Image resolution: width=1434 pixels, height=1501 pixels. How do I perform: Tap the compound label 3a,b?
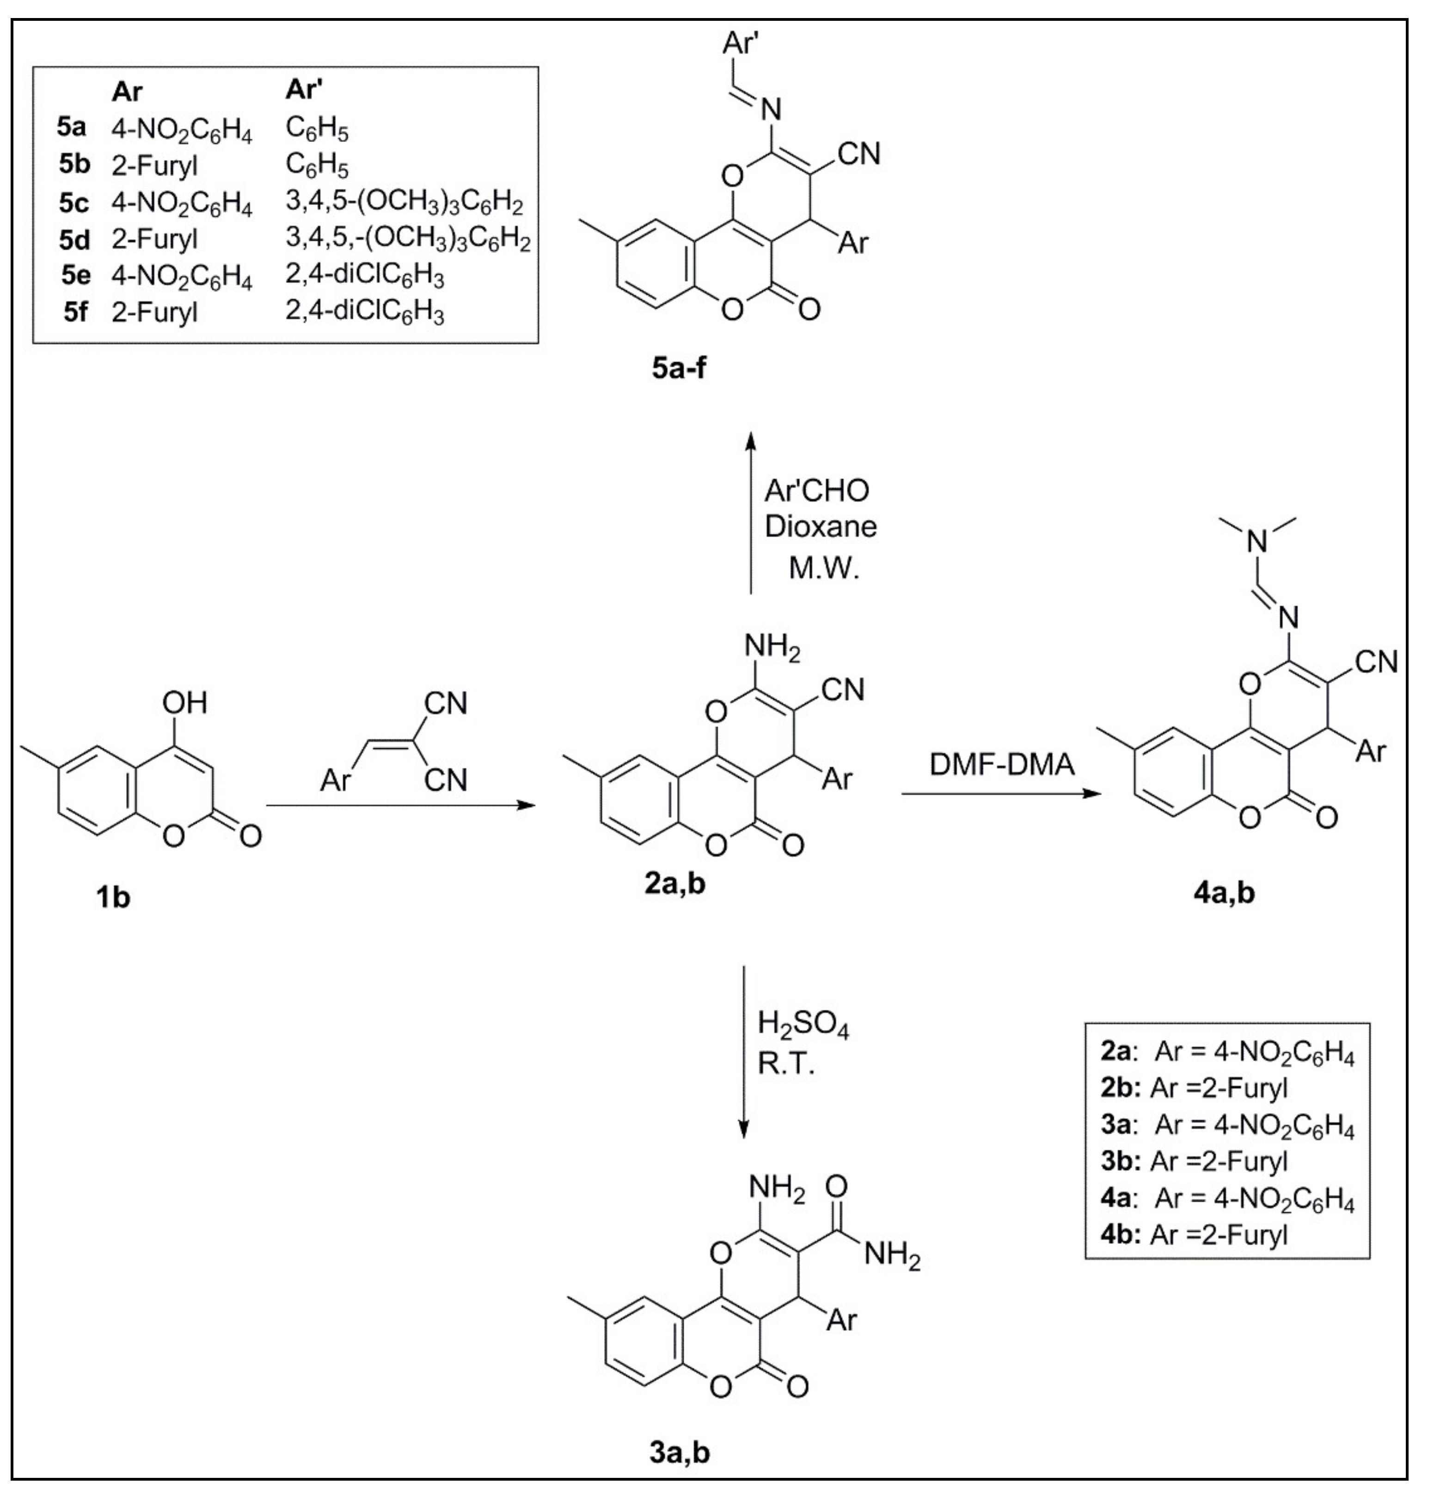tap(680, 1452)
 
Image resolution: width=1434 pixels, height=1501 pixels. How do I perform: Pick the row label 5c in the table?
tap(74, 204)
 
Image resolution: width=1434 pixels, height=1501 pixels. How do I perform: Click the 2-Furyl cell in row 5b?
tap(154, 165)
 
